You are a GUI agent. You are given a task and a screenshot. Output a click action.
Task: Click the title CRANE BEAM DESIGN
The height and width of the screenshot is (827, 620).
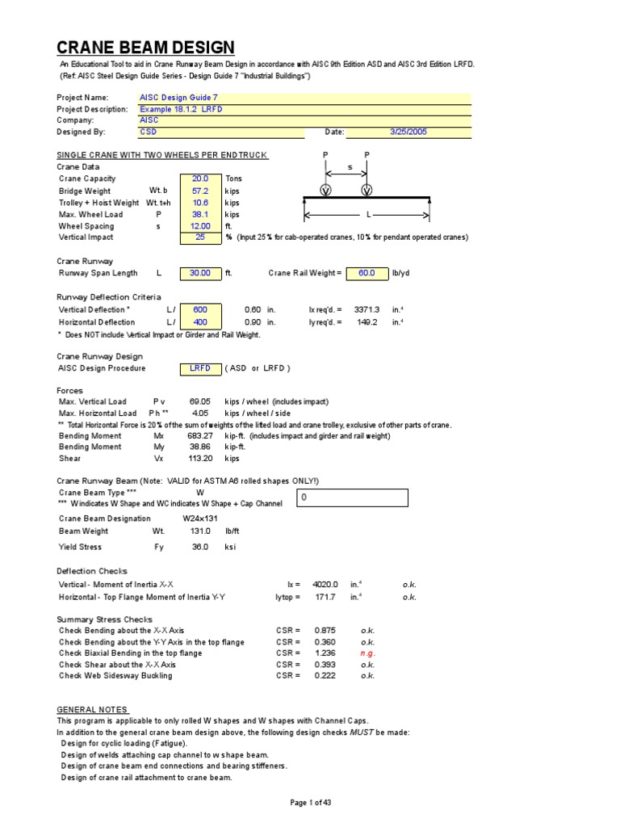coord(146,48)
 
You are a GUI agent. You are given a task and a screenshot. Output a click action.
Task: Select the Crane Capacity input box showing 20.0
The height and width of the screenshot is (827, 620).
coord(200,178)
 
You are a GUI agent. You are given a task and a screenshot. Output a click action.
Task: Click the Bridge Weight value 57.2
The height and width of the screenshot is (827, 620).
coord(200,191)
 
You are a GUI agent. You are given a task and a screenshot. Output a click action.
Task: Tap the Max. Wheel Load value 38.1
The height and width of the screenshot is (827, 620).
coord(200,214)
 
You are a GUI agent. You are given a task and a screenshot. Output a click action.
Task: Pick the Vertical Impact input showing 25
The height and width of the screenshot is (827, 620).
coord(200,237)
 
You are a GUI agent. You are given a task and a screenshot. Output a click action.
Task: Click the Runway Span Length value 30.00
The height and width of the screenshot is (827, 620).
coord(200,273)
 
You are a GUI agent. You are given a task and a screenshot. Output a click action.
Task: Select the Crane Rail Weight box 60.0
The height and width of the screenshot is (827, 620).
coord(367,273)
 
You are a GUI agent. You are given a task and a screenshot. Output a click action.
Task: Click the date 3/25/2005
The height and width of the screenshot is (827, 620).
coord(408,131)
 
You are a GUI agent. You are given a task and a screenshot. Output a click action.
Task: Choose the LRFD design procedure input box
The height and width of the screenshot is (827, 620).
coord(200,368)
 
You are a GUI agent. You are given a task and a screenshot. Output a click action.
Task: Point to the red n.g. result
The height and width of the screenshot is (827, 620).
coord(367,653)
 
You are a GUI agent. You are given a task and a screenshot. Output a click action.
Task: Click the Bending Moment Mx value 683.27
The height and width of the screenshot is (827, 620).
coord(200,436)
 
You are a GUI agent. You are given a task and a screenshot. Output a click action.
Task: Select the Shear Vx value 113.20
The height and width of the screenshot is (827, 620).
coord(200,459)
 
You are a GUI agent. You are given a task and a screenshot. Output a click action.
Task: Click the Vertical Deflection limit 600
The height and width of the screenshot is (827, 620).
coord(200,309)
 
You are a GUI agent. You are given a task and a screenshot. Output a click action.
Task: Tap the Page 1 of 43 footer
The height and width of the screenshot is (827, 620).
coord(310,802)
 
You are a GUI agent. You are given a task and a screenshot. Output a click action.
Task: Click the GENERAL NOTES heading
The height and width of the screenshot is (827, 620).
coord(92,709)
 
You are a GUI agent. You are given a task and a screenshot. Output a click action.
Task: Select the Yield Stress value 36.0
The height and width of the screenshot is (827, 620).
coord(199,547)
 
